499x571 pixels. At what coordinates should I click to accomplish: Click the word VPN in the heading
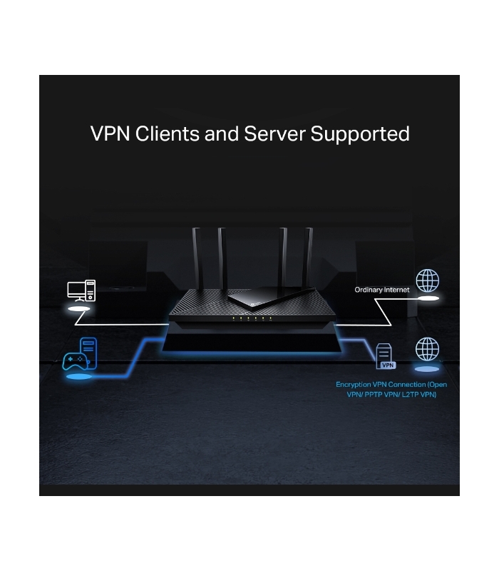pyautogui.click(x=110, y=133)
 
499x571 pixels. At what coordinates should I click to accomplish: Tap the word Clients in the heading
pyautogui.click(x=168, y=133)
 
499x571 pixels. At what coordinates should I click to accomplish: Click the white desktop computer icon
pyautogui.click(x=81, y=290)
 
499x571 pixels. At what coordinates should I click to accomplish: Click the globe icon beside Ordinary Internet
pyautogui.click(x=427, y=281)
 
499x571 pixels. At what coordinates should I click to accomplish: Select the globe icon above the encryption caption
pyautogui.click(x=427, y=349)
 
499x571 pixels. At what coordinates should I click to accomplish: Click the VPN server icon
pyautogui.click(x=386, y=356)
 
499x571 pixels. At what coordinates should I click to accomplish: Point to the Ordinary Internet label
pyautogui.click(x=382, y=290)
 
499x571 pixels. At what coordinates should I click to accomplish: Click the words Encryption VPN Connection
pyautogui.click(x=381, y=385)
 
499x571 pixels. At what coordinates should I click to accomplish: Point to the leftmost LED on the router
pyautogui.click(x=234, y=318)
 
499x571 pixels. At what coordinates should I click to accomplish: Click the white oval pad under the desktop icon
pyautogui.click(x=79, y=309)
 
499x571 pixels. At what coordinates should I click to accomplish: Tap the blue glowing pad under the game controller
pyautogui.click(x=78, y=377)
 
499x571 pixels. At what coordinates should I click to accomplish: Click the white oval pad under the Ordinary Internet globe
pyautogui.click(x=428, y=298)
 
